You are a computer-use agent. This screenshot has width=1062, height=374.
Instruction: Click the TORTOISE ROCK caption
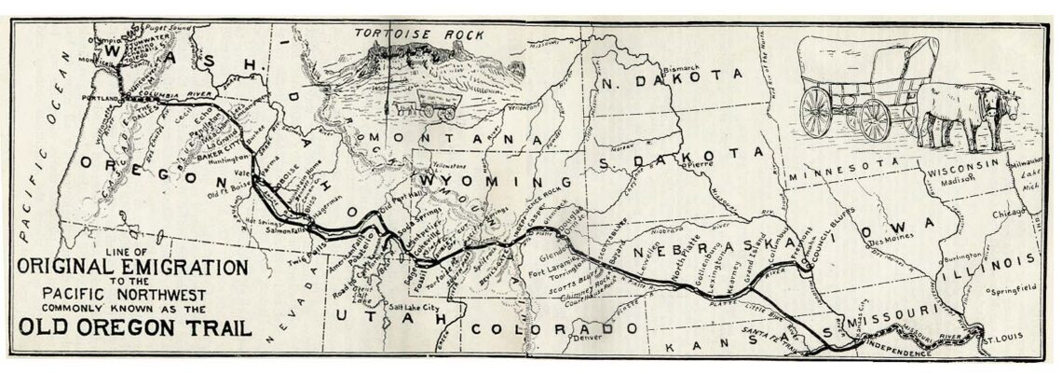(420, 35)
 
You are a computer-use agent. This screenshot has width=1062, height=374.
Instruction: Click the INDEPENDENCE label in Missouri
(899, 353)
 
